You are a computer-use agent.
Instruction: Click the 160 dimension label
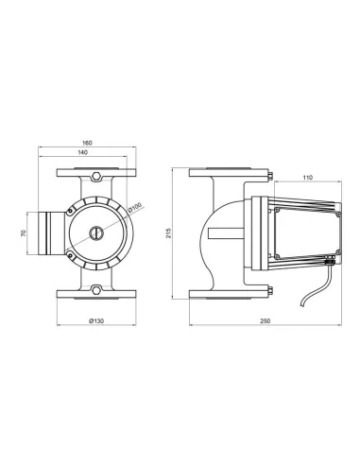coord(87,143)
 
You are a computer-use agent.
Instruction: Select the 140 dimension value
coord(82,152)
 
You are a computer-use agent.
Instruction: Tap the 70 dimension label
coord(23,233)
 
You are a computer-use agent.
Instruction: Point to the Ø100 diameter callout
coord(136,207)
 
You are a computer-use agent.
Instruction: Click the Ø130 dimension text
coord(96,321)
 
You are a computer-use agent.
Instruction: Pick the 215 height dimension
coord(169,233)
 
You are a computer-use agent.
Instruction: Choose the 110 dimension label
coord(307,178)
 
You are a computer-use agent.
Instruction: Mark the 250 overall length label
coord(266,321)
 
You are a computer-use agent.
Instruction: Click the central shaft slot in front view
coord(96,233)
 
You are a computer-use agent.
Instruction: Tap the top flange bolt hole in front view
coord(96,176)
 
